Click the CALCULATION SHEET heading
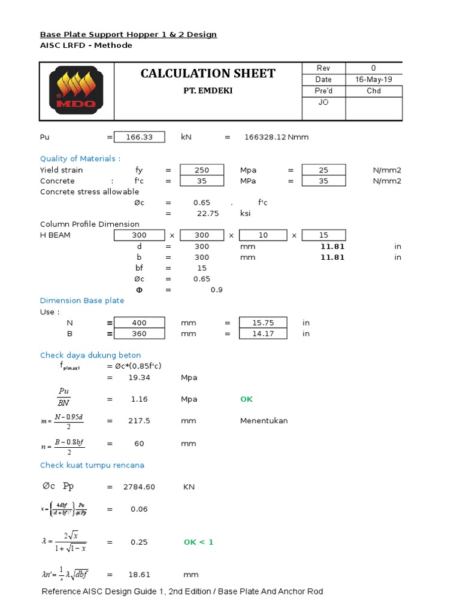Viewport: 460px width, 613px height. tap(208, 74)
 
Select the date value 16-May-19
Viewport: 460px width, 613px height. tap(374, 80)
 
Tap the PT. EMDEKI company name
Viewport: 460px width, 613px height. tap(208, 91)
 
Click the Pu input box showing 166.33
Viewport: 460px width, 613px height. tap(139, 137)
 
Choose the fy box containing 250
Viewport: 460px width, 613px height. tap(202, 170)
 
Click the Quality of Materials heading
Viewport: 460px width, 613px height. tap(78, 159)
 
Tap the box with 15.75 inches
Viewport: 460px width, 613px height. tap(262, 323)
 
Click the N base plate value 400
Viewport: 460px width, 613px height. tap(139, 323)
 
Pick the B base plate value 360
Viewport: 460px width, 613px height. tap(139, 333)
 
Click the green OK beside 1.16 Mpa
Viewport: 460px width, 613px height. tap(247, 399)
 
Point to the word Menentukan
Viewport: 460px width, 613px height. tap(264, 421)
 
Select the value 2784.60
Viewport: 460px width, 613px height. tap(139, 487)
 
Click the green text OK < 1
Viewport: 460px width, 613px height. tap(198, 542)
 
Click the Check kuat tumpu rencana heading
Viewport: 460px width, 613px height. tap(92, 465)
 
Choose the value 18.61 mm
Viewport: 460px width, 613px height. tap(139, 575)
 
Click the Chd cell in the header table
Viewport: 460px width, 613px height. tap(374, 91)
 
